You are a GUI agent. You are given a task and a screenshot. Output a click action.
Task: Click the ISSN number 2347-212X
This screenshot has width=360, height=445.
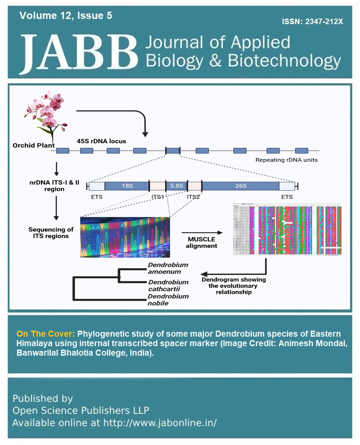pyautogui.click(x=313, y=22)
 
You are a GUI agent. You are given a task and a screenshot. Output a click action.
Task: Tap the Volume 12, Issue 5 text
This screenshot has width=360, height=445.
pyautogui.click(x=66, y=16)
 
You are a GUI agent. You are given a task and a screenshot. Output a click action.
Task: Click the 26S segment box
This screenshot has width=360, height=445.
pyautogui.click(x=240, y=186)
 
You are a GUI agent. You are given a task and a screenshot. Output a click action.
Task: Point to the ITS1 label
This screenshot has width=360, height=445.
pyautogui.click(x=158, y=197)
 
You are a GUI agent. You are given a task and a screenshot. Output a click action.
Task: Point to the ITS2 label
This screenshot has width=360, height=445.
pyautogui.click(x=193, y=197)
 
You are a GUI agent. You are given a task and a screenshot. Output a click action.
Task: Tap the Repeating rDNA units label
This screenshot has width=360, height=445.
pyautogui.click(x=286, y=160)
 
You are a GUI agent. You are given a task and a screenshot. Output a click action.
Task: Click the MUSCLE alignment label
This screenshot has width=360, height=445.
pyautogui.click(x=201, y=243)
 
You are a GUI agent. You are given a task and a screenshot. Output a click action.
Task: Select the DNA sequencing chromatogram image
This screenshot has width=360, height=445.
pyautogui.click(x=125, y=237)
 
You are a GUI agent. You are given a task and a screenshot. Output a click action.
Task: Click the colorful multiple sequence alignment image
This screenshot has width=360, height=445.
pyautogui.click(x=287, y=230)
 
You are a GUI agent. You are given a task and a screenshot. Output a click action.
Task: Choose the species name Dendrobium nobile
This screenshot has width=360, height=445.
pyautogui.click(x=168, y=300)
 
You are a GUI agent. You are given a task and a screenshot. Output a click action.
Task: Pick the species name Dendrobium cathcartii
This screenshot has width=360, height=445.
pyautogui.click(x=168, y=286)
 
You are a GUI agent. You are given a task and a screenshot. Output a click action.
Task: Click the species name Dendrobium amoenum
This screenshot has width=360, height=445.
pyautogui.click(x=168, y=268)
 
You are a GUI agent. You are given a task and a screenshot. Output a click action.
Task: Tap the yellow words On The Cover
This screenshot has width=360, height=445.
pyautogui.click(x=46, y=334)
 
